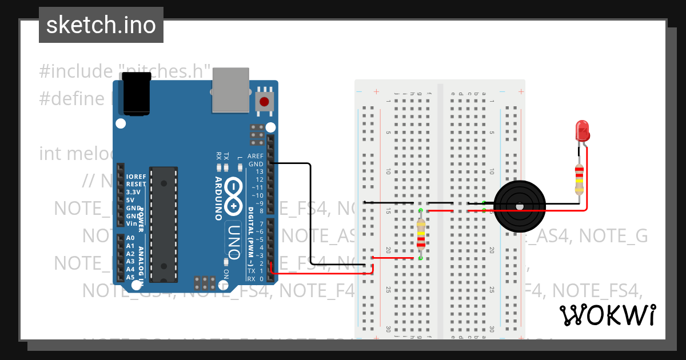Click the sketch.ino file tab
point(101,25)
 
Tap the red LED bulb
point(583,130)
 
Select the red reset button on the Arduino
point(264,102)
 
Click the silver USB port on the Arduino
point(231,90)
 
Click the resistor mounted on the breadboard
point(421,235)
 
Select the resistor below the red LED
point(580,179)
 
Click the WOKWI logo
point(607,315)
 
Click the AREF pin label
point(256,156)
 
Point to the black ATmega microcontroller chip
point(163,224)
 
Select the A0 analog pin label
point(130,238)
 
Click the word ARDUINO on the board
point(219,198)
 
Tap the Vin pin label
point(131,223)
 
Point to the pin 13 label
point(260,171)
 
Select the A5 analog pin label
point(130,277)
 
